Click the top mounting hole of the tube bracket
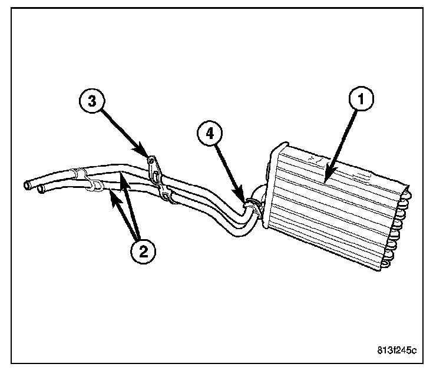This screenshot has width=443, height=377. click(151, 160)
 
